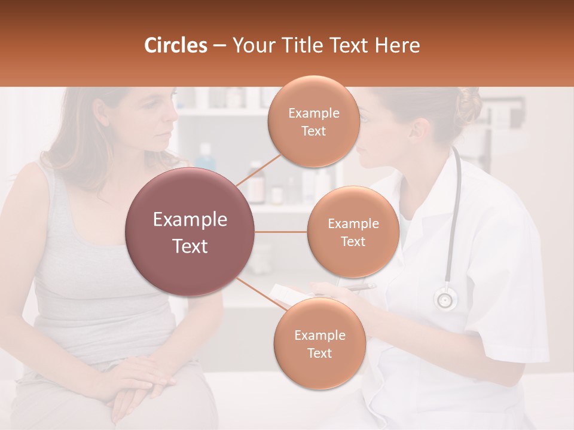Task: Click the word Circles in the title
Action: point(176,45)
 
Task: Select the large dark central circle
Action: point(190,232)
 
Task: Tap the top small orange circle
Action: point(313,121)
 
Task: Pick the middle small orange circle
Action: point(353,232)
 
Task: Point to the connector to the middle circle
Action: point(281,232)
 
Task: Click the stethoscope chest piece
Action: point(445,299)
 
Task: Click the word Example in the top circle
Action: point(313,113)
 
